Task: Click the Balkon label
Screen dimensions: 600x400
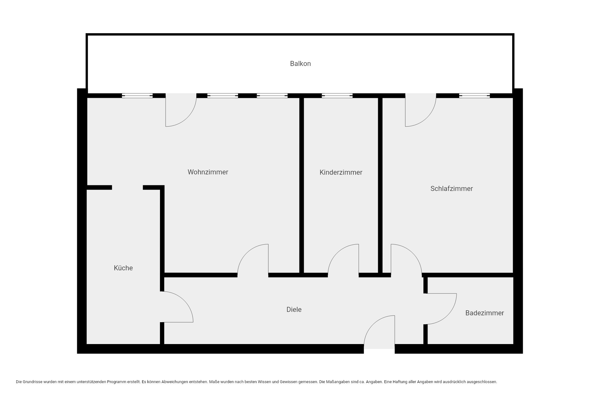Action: (300, 64)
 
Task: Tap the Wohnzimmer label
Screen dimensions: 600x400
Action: (208, 172)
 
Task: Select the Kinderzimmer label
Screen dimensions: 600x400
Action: (341, 172)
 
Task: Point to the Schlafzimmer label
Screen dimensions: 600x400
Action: (452, 189)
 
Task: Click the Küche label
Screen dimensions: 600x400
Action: (123, 268)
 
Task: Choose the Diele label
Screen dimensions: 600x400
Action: (294, 310)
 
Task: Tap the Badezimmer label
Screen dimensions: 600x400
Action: (485, 313)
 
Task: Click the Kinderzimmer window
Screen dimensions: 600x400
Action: (337, 96)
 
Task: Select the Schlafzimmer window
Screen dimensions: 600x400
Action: (474, 96)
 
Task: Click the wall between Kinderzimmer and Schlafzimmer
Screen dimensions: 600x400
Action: (380, 186)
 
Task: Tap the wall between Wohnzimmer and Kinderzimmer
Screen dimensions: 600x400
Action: (302, 186)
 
